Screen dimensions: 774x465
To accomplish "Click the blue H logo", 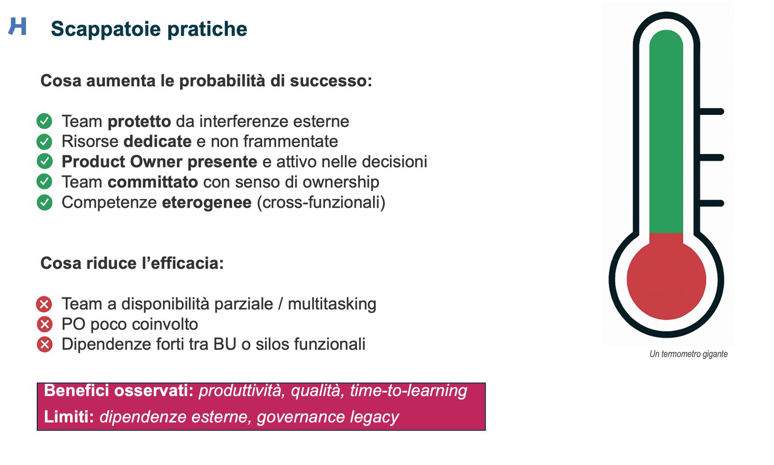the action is coord(17,26).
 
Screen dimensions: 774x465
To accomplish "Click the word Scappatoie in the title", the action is coord(106,29).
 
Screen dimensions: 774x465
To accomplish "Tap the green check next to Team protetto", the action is coord(44,121).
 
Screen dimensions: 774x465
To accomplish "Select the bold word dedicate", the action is coord(158,141).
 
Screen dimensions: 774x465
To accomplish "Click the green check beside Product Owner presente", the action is coord(44,162).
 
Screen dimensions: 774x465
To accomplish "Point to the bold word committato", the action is coord(153,182).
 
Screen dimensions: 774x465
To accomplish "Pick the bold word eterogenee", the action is coord(207,202).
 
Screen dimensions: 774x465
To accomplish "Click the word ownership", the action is coord(341,183).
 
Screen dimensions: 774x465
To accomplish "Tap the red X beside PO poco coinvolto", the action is coord(44,324).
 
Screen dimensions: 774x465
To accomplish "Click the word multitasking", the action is coord(332,304).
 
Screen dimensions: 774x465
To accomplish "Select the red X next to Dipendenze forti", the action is coord(44,344).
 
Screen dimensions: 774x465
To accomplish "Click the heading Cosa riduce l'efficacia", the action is coord(132,263).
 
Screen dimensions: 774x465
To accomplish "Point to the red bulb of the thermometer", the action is coord(666,279).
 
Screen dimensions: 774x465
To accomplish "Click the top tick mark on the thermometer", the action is coord(711,111).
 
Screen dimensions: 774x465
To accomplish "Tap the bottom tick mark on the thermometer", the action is coord(711,203).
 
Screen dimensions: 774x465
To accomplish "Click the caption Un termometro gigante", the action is coord(689,354).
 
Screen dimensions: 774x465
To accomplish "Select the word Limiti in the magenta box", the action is coord(69,417).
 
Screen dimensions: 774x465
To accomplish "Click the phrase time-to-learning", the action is coord(408,391).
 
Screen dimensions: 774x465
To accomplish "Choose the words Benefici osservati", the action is coord(119,390).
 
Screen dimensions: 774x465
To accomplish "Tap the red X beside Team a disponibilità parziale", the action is coord(44,304).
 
